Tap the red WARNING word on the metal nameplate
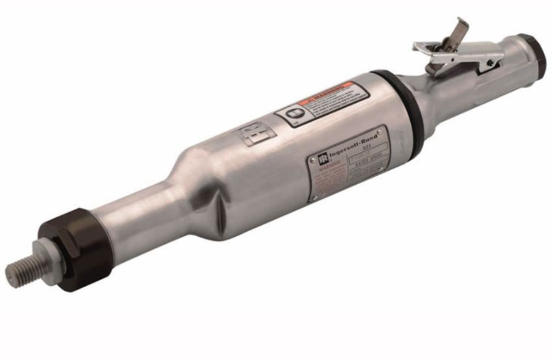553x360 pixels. click(x=317, y=172)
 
